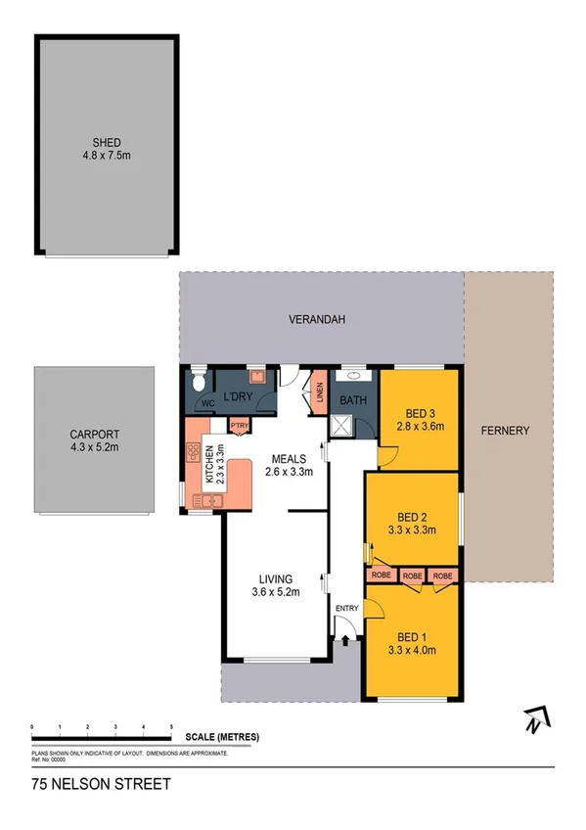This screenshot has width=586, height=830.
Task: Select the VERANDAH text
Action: tap(318, 319)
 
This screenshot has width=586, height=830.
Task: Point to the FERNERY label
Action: tap(505, 430)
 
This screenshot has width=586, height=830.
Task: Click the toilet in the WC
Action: tap(199, 378)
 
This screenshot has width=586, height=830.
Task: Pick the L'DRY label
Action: tap(239, 397)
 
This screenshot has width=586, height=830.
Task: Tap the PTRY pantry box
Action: tap(239, 425)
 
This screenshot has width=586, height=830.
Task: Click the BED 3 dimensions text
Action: tap(420, 426)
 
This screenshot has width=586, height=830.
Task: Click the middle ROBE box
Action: tap(412, 576)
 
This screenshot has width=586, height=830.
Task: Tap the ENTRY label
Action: tap(346, 609)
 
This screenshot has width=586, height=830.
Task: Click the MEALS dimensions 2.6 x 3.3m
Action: tap(290, 472)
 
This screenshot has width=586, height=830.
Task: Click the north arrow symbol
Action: tap(532, 720)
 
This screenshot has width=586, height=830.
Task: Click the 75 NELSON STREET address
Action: tap(101, 784)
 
